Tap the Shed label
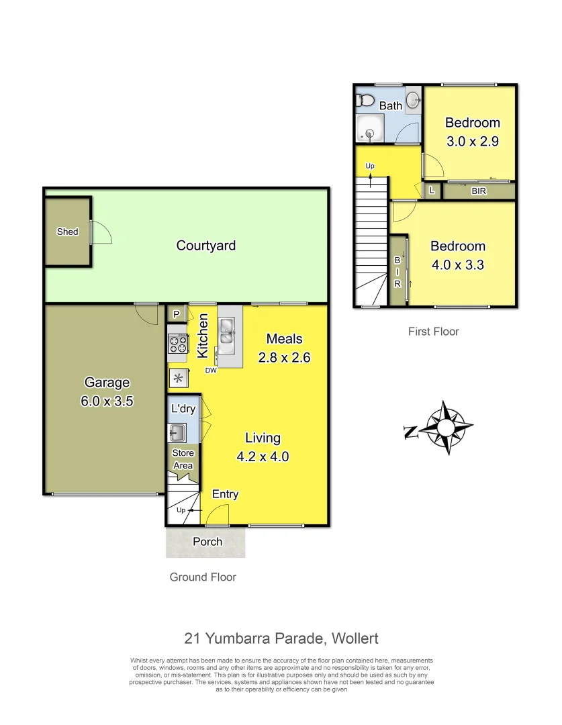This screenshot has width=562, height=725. [x=67, y=232]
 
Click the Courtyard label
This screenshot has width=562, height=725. [x=205, y=246]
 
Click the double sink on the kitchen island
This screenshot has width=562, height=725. [x=228, y=333]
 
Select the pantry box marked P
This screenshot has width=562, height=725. [x=177, y=314]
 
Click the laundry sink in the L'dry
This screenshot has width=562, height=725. [x=178, y=431]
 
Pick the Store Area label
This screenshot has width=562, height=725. [x=183, y=459]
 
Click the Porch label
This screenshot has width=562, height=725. [x=207, y=542]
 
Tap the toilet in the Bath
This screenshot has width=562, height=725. [x=366, y=101]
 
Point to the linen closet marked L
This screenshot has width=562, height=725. [x=431, y=191]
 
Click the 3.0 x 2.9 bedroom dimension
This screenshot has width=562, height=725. [x=473, y=142]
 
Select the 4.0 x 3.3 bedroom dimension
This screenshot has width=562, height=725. [x=457, y=264]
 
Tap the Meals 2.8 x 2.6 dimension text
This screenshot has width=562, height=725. [x=284, y=358]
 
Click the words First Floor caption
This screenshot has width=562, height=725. [x=434, y=332]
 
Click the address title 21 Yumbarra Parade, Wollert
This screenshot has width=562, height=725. [x=281, y=638]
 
